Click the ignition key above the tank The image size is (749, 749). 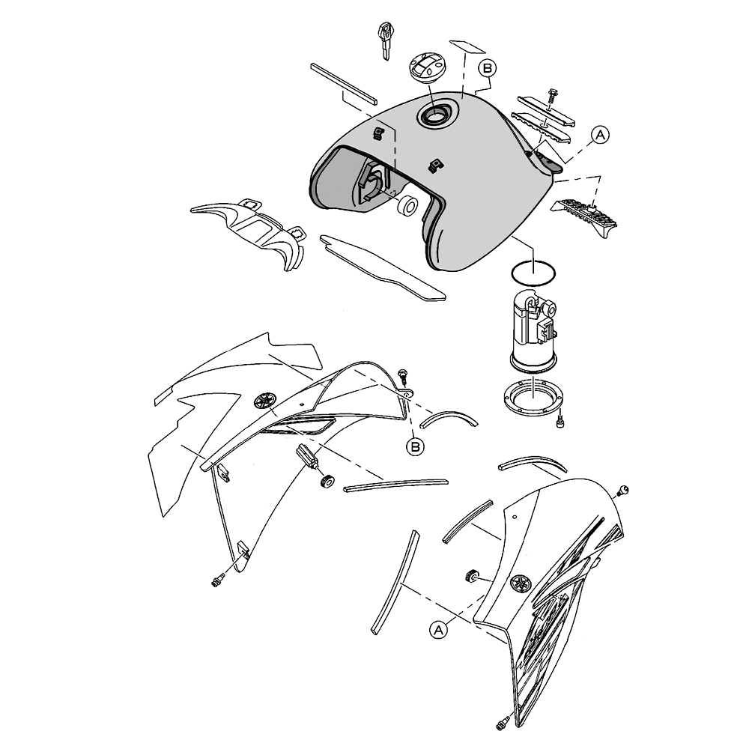pos(385,40)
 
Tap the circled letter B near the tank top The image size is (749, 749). pos(488,68)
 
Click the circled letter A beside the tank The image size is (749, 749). pos(601,135)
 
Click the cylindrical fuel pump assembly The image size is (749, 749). pos(533,333)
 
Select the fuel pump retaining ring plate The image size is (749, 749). pos(533,396)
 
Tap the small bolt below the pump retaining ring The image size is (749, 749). pos(560,421)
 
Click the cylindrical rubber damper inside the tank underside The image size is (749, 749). pos(407,205)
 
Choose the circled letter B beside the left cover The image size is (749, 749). pos(415,446)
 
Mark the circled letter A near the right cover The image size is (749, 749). pos(438,630)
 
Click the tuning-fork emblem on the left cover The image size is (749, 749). pos(265,400)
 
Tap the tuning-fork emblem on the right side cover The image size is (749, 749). pos(521,583)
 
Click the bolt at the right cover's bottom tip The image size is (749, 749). pos(502,724)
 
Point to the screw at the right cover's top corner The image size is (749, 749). pos(622,490)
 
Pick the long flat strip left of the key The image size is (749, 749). pos(344,84)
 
